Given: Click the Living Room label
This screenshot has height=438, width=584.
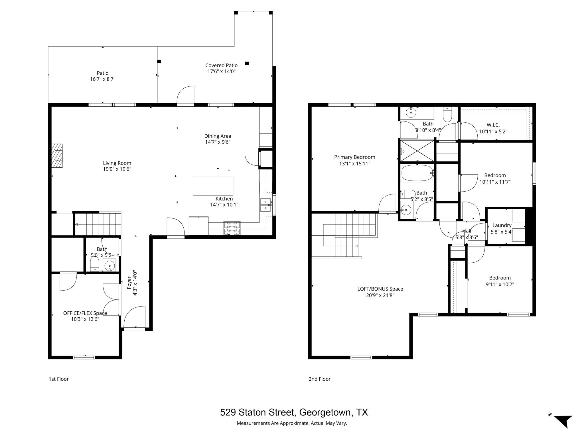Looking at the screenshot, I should click(x=117, y=163).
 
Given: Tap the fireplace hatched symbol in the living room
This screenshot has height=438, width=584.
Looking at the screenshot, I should click(x=57, y=156).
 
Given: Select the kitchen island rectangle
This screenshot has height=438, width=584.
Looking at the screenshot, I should click(x=213, y=186).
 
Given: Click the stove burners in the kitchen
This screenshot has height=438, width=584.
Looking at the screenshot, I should click(x=232, y=228).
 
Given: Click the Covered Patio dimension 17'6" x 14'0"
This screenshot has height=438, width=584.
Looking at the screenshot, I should click(x=221, y=71).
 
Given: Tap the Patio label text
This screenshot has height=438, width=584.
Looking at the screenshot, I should click(x=102, y=73).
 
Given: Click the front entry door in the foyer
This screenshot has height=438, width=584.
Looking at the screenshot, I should click(x=135, y=317).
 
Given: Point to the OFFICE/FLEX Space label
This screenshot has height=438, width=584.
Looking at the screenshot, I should click(x=85, y=313).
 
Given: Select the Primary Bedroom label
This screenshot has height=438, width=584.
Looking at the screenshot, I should click(x=354, y=157).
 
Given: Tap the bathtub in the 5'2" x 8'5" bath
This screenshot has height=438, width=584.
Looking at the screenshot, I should click(x=417, y=173).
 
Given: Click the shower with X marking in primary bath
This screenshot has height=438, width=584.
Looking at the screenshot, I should click(x=417, y=151).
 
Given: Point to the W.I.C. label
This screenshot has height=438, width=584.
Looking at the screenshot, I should click(x=493, y=125).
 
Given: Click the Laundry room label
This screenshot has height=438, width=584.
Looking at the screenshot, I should click(x=502, y=225).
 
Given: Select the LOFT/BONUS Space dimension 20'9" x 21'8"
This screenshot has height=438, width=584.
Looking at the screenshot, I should click(x=380, y=295).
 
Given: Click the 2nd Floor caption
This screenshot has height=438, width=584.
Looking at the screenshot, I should click(x=319, y=379).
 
